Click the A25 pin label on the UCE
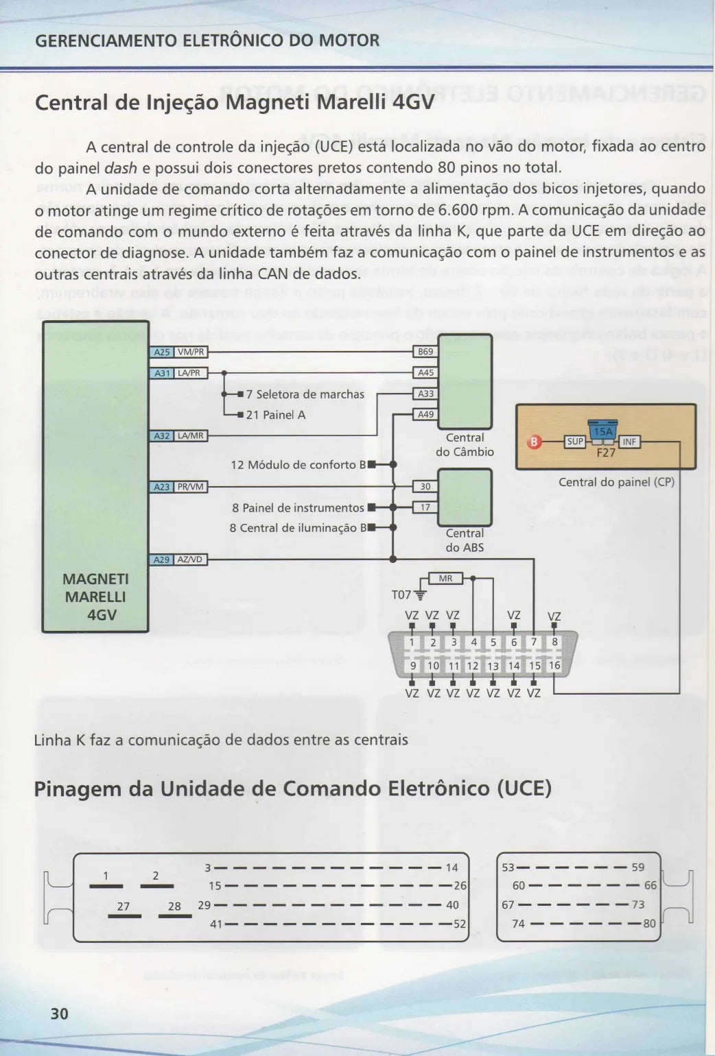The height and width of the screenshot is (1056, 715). click(162, 352)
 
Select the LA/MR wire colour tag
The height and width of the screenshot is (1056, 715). click(191, 436)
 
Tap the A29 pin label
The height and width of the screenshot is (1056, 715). click(162, 560)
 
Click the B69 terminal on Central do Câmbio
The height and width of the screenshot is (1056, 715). click(425, 352)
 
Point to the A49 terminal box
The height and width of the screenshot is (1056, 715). click(425, 414)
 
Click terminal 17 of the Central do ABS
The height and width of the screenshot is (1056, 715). click(425, 507)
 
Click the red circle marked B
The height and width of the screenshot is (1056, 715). click(535, 442)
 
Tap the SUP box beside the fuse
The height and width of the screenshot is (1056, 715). click(575, 442)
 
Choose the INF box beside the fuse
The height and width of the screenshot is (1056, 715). click(629, 442)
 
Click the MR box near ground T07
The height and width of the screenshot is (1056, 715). click(446, 579)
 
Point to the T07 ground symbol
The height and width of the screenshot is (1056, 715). click(420, 595)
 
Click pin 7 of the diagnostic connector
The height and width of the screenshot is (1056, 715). click(534, 642)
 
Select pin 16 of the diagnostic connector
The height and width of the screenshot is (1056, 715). click(554, 666)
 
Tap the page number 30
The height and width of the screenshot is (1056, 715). click(60, 1013)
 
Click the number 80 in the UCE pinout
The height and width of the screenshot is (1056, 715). click(649, 924)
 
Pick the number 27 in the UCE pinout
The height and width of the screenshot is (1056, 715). click(123, 907)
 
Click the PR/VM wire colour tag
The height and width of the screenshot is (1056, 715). click(191, 487)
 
